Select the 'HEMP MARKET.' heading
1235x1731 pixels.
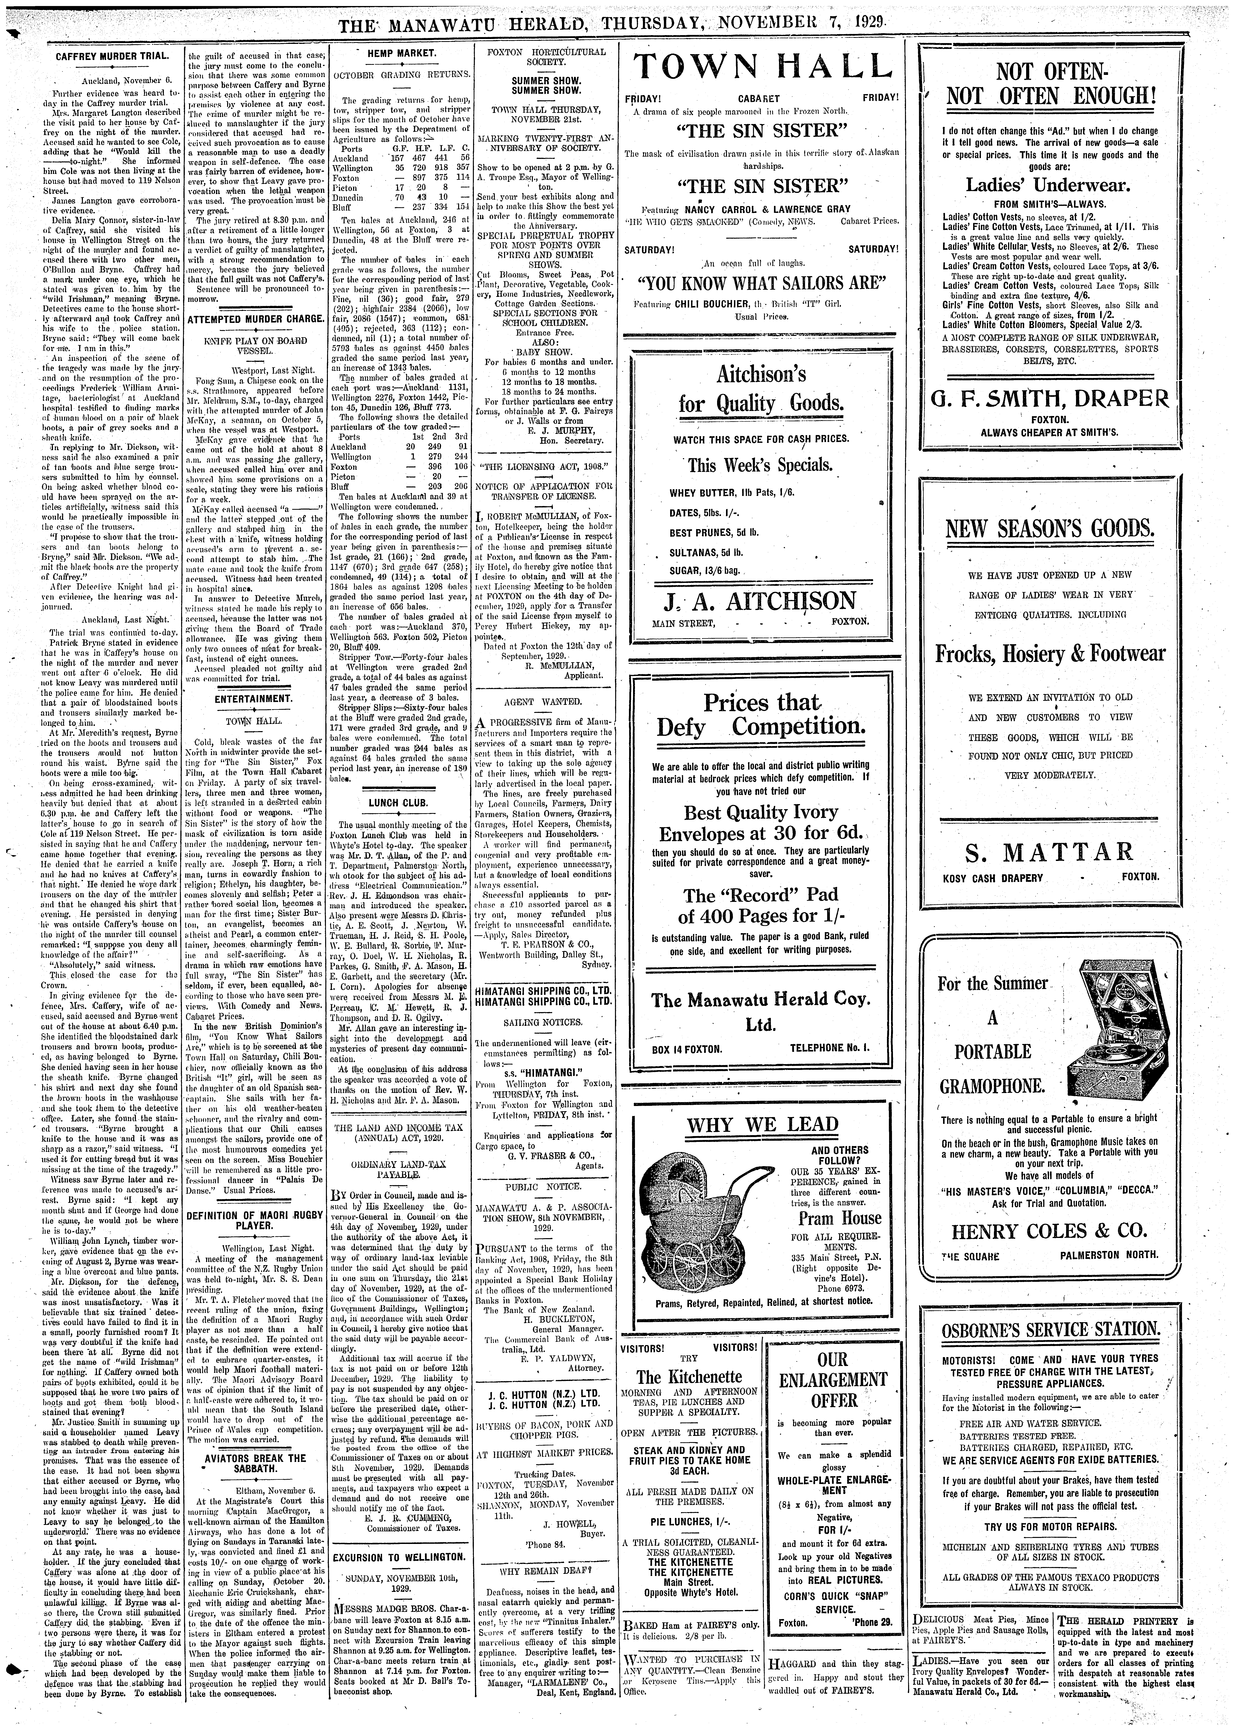pos(401,53)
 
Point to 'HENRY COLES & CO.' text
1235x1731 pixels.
pos(1049,1231)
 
